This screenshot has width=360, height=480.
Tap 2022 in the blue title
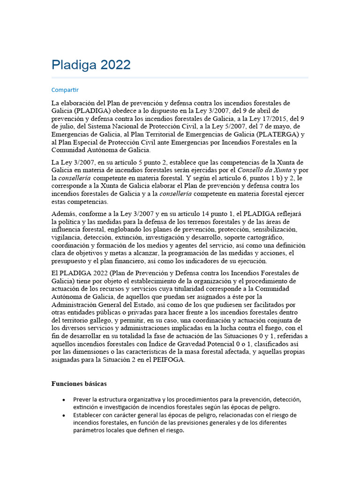115,65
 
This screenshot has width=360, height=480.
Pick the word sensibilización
275,230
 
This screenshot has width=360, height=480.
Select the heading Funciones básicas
79,384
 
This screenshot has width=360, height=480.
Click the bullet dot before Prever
63,400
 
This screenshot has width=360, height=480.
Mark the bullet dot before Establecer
63,416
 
